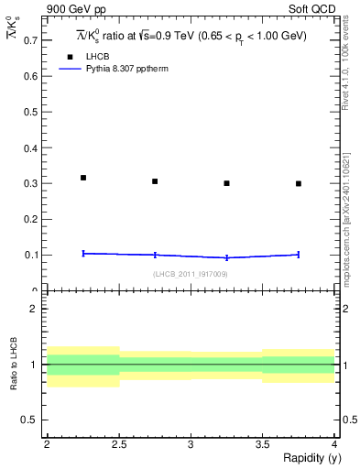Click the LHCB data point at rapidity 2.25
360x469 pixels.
click(x=83, y=178)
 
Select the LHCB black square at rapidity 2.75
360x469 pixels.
click(x=155, y=181)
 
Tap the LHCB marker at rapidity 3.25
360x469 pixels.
click(x=227, y=183)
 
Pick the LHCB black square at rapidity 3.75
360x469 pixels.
click(x=299, y=183)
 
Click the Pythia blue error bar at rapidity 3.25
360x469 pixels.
click(x=227, y=257)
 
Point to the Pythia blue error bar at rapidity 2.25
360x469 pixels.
click(x=83, y=253)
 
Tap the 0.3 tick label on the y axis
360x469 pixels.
click(x=29, y=183)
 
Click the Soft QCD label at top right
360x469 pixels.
click(x=313, y=10)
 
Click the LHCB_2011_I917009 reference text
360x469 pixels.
click(x=191, y=274)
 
